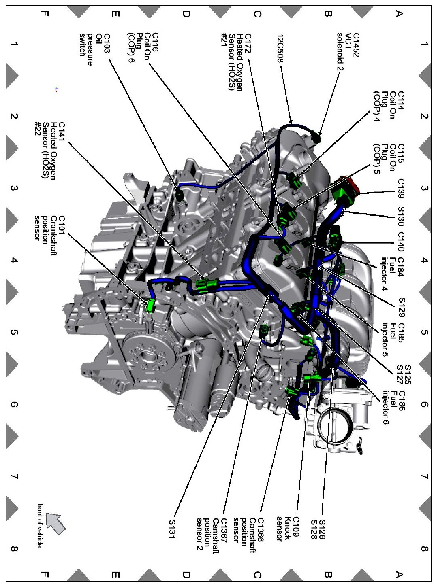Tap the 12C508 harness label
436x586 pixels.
[x=281, y=48]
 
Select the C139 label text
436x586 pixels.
[x=401, y=189]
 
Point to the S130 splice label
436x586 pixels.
[x=401, y=217]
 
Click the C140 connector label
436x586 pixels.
[x=401, y=242]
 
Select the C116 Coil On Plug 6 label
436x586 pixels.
[x=143, y=48]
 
